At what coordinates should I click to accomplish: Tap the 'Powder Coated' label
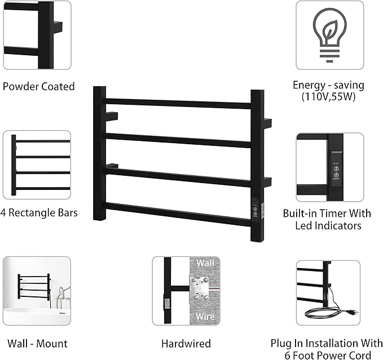point(38,87)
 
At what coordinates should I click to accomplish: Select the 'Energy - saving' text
point(328,85)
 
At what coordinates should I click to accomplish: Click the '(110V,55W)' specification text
point(328,96)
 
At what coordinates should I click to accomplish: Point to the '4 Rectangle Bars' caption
point(40,213)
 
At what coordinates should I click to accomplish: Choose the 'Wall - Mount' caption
point(37,343)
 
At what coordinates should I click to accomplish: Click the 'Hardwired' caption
point(186,343)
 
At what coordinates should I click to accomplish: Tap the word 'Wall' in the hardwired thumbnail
point(204,263)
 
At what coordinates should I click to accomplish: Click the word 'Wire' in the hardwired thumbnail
point(204,316)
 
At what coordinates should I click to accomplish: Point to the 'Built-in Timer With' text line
point(327,214)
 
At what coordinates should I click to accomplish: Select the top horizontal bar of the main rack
point(178,103)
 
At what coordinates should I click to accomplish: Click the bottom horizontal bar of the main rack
point(178,214)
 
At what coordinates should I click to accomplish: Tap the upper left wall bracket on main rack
point(112,116)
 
